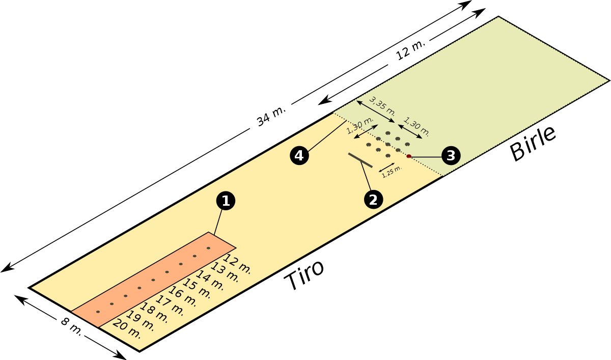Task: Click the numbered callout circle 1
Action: click(x=226, y=201)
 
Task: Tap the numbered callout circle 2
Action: click(x=373, y=200)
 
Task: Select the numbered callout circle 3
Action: click(x=451, y=155)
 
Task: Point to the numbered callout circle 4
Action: click(x=299, y=156)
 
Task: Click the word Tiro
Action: click(x=304, y=275)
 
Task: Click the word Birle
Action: click(x=533, y=143)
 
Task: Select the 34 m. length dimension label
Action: click(x=271, y=116)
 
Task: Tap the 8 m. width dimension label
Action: click(x=71, y=326)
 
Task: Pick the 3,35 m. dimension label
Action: click(x=382, y=106)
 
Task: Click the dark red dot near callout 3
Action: click(x=408, y=156)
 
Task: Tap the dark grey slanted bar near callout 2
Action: click(x=360, y=160)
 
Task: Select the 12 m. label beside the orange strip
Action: click(x=237, y=264)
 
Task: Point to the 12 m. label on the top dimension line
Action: click(x=410, y=50)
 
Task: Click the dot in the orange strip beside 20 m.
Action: click(x=98, y=312)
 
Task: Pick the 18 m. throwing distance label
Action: click(x=154, y=313)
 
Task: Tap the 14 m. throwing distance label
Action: click(x=210, y=280)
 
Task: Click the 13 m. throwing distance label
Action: click(x=224, y=271)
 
